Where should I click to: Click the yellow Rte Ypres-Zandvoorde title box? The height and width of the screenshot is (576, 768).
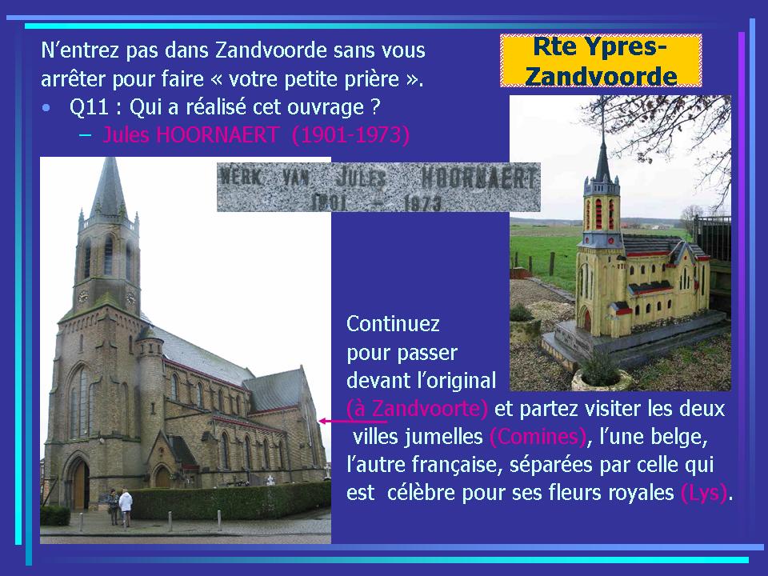point(601,61)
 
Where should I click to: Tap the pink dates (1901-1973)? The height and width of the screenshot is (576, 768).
point(350,134)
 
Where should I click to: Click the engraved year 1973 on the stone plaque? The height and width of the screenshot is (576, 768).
point(422,202)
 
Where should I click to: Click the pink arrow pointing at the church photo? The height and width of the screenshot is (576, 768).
point(353,421)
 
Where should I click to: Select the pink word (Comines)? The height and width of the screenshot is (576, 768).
point(538,437)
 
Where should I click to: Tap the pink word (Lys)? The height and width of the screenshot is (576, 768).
point(704,493)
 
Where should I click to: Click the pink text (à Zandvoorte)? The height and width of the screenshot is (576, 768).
point(417,409)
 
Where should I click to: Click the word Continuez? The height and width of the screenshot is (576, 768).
point(393,324)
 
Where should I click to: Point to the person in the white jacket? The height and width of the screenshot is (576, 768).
point(126,507)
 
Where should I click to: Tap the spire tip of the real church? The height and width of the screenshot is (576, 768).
point(109,158)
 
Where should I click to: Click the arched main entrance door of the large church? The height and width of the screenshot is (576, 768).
point(79,484)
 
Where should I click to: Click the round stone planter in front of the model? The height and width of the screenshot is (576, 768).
point(601,378)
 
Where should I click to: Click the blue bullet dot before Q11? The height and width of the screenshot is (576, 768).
point(46,108)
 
